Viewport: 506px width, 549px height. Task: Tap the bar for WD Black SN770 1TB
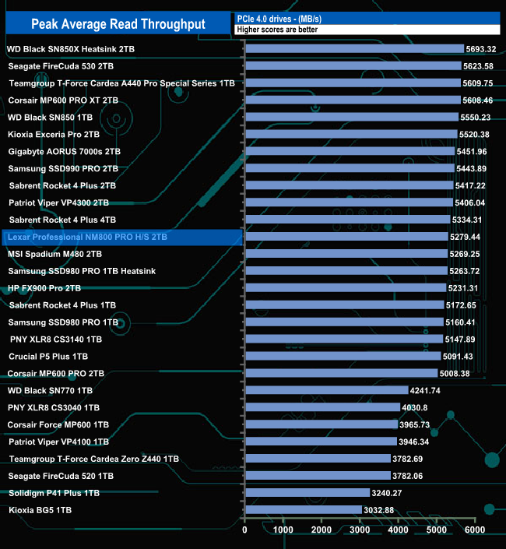point(326,390)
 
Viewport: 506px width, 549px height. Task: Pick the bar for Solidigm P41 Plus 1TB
point(307,493)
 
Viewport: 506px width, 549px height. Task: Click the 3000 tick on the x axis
point(360,530)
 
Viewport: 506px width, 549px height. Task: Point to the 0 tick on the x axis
point(245,530)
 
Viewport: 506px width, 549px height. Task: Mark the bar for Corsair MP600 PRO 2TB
point(341,373)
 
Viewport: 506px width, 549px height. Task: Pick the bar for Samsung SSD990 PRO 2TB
point(349,168)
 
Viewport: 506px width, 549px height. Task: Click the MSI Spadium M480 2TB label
point(55,254)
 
